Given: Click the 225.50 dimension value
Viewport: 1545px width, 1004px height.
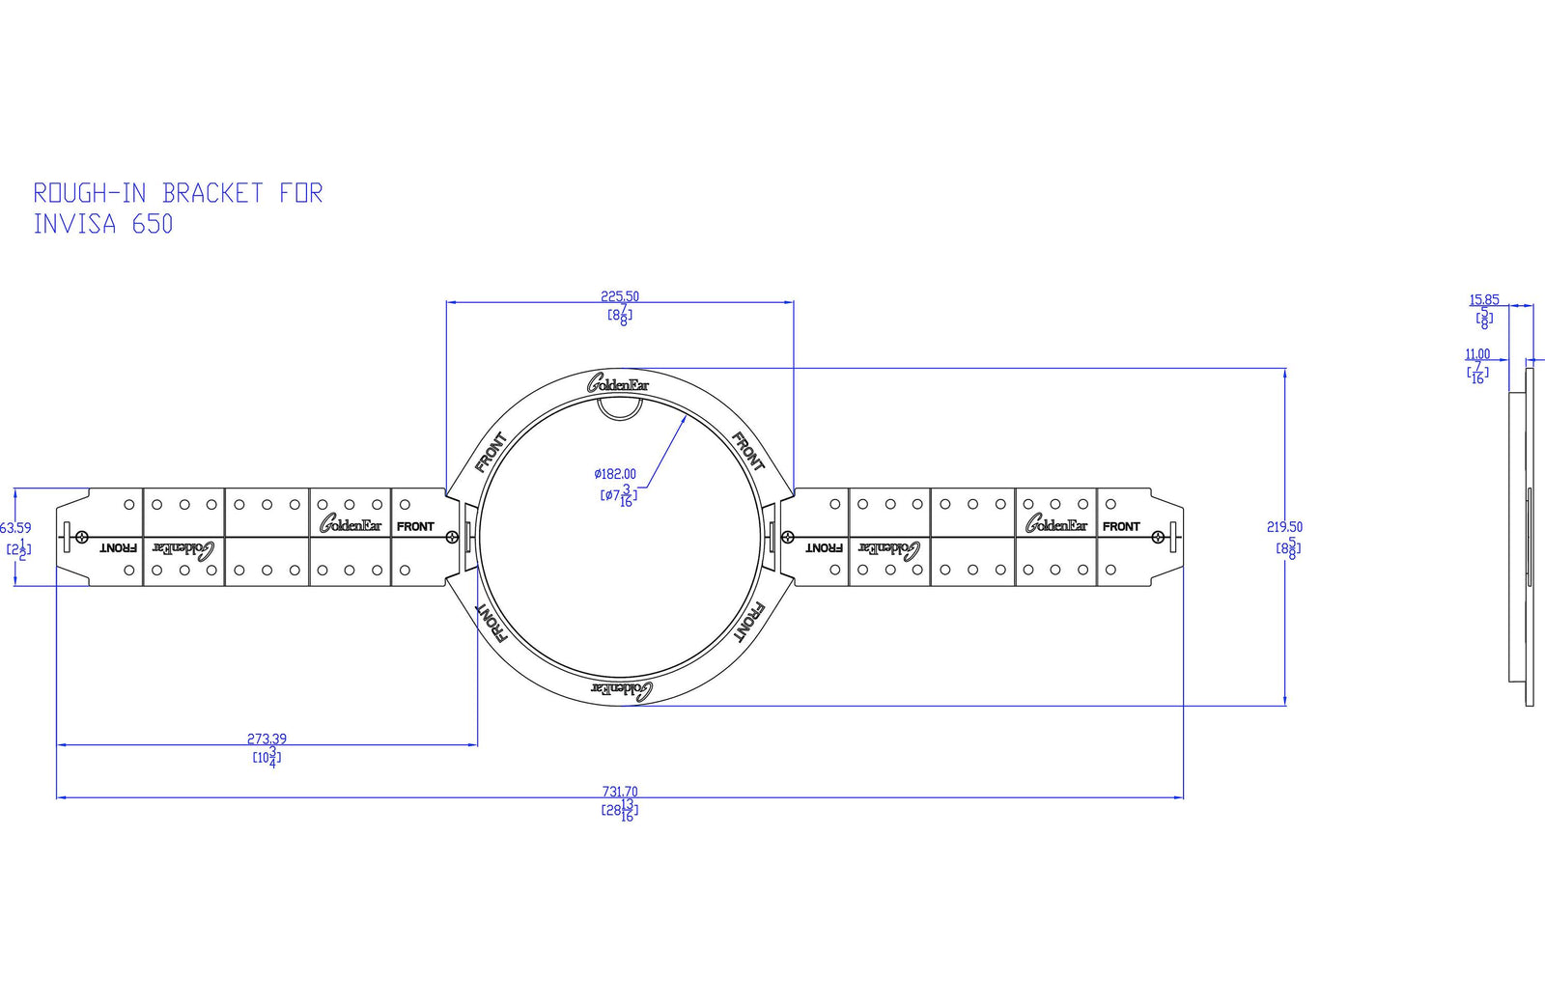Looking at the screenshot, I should (x=619, y=296).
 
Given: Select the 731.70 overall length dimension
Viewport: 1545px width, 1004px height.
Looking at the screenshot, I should (x=619, y=792).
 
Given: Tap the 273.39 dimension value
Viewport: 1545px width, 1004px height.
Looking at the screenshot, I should (x=267, y=739).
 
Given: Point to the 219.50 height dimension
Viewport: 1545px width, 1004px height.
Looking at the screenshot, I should (x=1284, y=527).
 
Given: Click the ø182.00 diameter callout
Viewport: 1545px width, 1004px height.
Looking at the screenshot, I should (x=615, y=474).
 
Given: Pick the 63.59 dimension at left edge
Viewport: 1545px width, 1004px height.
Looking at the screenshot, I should (x=15, y=528).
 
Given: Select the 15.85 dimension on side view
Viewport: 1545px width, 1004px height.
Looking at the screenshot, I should (x=1484, y=300).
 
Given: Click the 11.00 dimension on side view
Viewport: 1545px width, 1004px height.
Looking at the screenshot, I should (x=1477, y=354).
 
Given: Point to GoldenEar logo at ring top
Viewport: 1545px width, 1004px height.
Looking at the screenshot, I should (x=618, y=384).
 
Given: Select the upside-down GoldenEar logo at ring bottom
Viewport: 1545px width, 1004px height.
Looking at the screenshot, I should (x=621, y=689).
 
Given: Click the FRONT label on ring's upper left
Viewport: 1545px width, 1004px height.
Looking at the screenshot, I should (x=491, y=453).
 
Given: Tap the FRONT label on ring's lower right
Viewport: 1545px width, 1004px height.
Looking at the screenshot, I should (x=749, y=623).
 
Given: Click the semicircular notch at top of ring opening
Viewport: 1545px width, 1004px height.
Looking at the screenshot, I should (x=620, y=409).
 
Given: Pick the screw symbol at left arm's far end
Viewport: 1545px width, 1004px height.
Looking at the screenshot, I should (x=83, y=537).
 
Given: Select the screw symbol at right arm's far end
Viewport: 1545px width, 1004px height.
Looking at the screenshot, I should (x=1158, y=537).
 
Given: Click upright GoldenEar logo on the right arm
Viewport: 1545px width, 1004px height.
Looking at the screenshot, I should (x=1055, y=525).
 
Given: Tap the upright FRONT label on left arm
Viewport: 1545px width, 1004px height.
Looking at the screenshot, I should (x=415, y=526).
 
